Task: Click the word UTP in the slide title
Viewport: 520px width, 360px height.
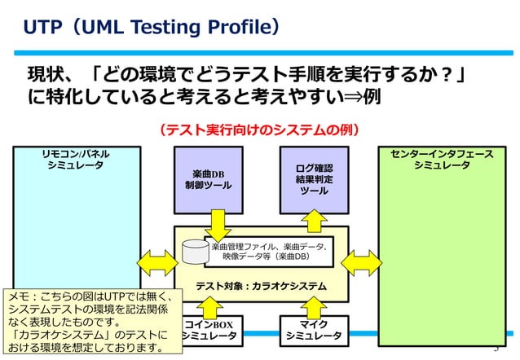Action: [x=42, y=28]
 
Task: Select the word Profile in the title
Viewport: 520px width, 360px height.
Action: [x=237, y=28]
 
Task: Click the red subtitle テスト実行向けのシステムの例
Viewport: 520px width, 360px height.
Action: [x=259, y=130]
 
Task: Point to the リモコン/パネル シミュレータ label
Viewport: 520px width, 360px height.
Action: [x=76, y=159]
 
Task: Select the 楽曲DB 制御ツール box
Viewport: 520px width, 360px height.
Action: [x=208, y=179]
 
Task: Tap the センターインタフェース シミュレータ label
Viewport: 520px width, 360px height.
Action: [x=441, y=159]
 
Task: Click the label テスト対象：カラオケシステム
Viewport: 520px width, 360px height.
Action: [x=260, y=286]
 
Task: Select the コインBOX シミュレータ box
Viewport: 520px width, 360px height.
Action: [x=209, y=330]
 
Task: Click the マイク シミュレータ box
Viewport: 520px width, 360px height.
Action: [x=314, y=330]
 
